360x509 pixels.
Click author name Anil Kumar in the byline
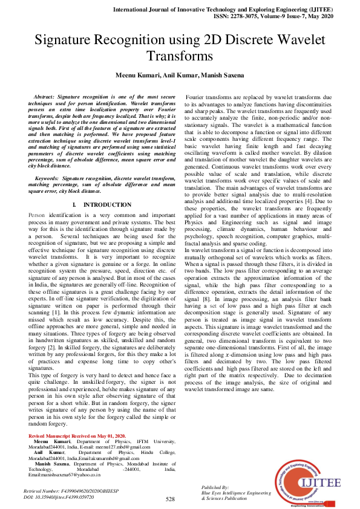point(179,75)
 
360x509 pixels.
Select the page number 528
point(170,499)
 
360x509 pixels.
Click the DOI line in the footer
point(58,496)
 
